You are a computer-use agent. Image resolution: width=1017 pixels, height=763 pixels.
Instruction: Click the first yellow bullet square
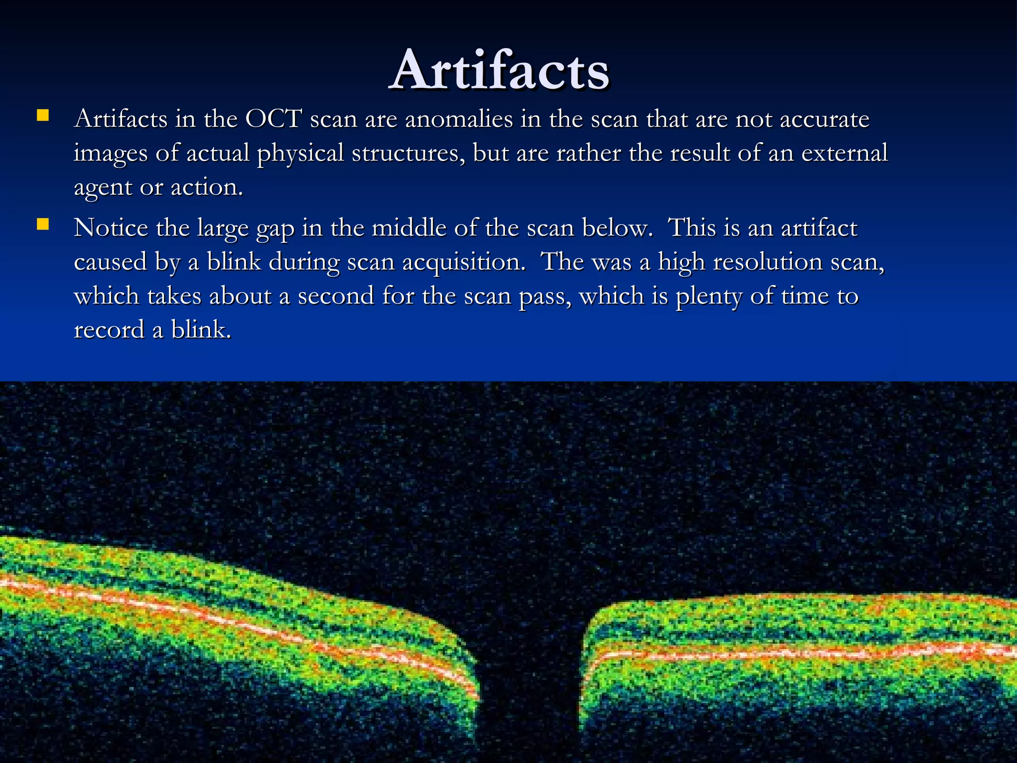(x=43, y=117)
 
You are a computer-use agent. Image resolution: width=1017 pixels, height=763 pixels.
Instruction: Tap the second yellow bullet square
(x=43, y=226)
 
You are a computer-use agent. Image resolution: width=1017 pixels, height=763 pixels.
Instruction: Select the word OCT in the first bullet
(x=273, y=119)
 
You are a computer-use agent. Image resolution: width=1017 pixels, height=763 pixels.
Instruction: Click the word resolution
(x=767, y=262)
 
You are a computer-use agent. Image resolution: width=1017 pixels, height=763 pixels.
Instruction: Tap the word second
(x=336, y=296)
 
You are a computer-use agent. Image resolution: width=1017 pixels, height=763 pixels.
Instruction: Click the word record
(x=109, y=330)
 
